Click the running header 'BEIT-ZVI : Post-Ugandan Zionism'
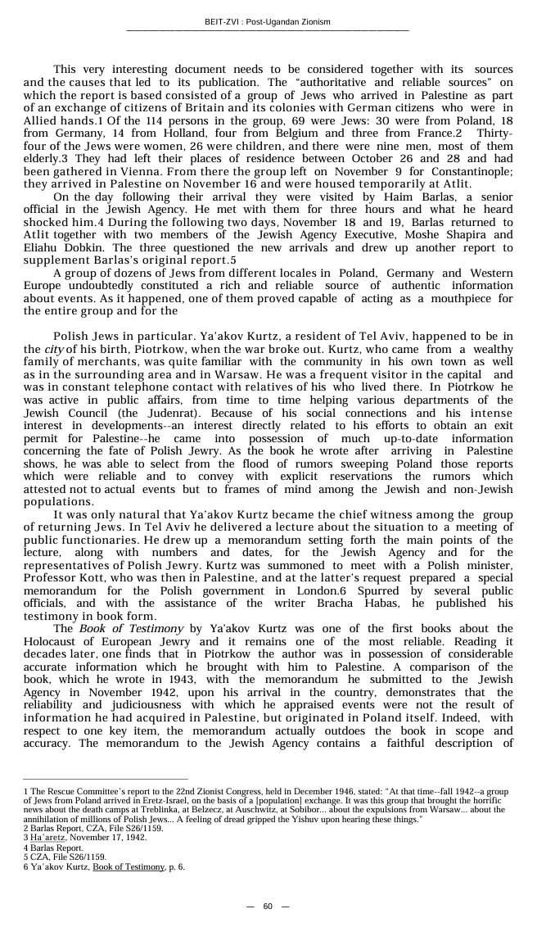coord(268,22)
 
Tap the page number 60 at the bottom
coord(268,906)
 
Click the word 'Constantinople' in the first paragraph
coord(470,173)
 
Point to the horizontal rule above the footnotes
coord(106,780)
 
